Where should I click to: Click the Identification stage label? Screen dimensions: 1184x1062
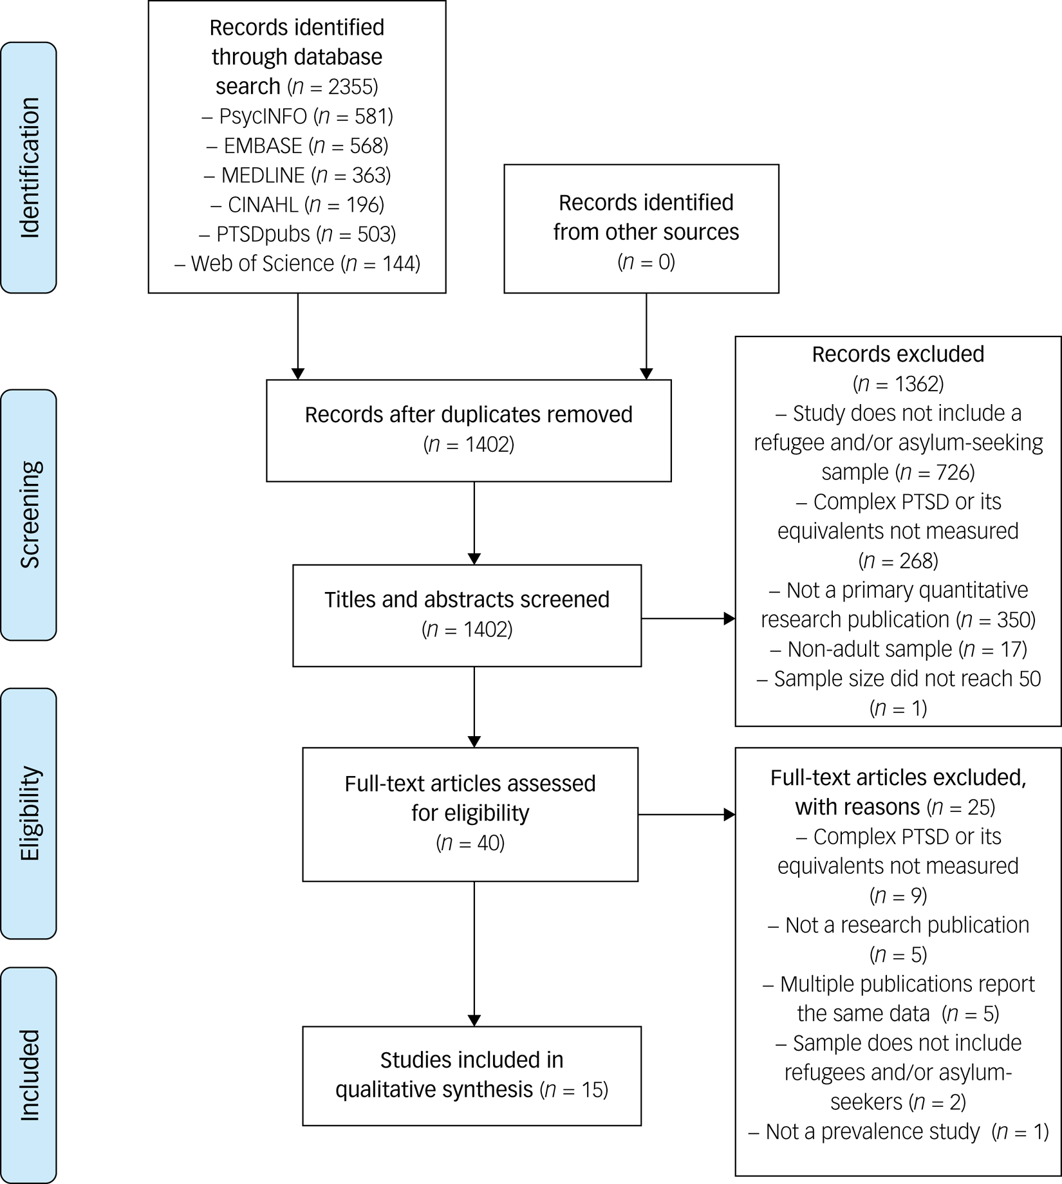pos(28,167)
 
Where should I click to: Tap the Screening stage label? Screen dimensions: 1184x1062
pos(28,515)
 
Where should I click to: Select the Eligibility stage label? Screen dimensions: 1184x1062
pos(28,813)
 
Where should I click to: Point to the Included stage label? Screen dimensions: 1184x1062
pos(28,1075)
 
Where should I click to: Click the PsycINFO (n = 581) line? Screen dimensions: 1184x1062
pos(297,116)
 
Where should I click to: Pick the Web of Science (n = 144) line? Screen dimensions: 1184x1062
pos(297,263)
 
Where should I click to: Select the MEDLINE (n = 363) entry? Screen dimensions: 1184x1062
pos(297,175)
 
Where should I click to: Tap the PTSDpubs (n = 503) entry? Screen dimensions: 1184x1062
pos(297,234)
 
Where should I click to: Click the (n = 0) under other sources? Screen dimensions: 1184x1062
pos(646,262)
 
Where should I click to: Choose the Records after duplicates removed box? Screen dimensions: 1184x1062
pos(469,430)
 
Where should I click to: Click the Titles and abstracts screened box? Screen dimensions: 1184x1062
pos(467,615)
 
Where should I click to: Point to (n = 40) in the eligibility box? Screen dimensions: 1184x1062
pos(470,842)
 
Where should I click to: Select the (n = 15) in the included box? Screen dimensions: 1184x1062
pos(575,1089)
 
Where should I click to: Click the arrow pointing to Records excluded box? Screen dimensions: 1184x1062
pos(689,619)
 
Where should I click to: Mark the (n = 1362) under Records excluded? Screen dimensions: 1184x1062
pos(898,384)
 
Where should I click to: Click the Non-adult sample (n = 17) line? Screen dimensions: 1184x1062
pos(898,649)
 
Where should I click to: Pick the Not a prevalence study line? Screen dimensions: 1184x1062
pos(898,1131)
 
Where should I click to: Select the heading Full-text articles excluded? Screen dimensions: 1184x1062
pos(898,777)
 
